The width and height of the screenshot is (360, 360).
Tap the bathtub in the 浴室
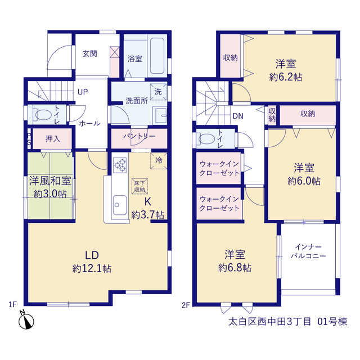point(157,56)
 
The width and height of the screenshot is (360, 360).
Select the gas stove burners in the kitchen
point(120,165)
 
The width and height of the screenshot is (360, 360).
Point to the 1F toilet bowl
point(43,115)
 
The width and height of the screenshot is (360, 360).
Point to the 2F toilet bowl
point(206,139)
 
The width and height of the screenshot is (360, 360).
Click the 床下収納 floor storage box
point(139,186)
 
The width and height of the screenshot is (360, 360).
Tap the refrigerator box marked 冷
point(159,161)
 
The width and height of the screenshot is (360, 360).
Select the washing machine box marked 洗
point(158,92)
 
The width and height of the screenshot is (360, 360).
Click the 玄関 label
point(90,54)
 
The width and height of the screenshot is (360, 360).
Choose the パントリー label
point(139,136)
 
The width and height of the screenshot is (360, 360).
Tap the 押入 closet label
point(53,139)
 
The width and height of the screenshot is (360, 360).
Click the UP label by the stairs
point(83,92)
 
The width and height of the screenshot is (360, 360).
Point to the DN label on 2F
point(238,116)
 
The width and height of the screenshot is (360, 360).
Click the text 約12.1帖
point(92,268)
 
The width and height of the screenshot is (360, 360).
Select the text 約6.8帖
point(235,268)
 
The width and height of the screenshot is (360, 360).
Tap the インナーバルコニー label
point(308,251)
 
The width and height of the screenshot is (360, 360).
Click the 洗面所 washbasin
point(161,115)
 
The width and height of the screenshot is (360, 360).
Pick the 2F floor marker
point(186,305)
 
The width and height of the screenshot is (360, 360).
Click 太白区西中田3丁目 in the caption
point(270,322)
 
